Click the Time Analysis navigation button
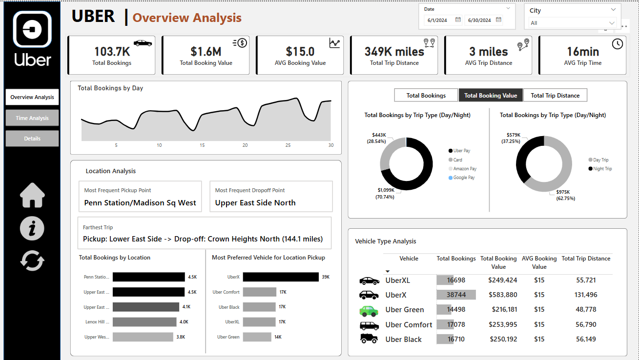click(32, 118)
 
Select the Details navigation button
click(32, 139)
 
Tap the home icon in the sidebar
click(32, 196)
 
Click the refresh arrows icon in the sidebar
click(32, 261)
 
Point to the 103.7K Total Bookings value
click(112, 52)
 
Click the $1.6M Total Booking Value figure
click(206, 52)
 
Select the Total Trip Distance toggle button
click(555, 95)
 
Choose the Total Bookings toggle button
click(426, 95)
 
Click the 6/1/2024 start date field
click(437, 20)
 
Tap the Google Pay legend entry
click(464, 178)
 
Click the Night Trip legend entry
click(602, 169)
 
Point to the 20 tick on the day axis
click(245, 145)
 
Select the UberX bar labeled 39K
click(280, 277)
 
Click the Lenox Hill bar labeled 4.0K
click(144, 322)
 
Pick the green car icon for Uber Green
click(369, 311)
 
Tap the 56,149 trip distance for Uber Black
click(586, 339)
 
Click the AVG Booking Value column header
click(539, 262)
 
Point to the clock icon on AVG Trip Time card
click(617, 43)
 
